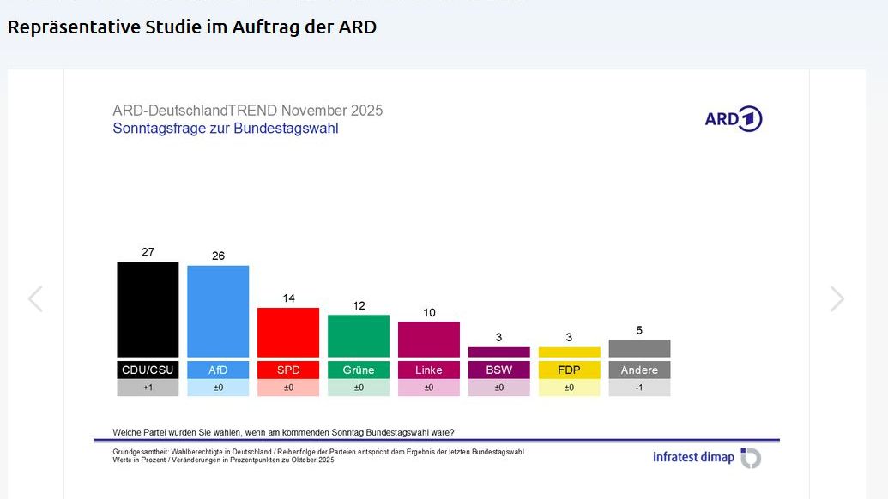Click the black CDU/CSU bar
[x=148, y=309]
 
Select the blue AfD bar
[x=218, y=310]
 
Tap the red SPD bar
[x=288, y=332]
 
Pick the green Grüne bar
[x=359, y=335]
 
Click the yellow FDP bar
[x=569, y=352]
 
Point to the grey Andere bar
[x=639, y=348]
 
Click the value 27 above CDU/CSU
[x=148, y=252]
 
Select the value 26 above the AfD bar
[x=218, y=256]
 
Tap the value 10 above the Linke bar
[x=429, y=312]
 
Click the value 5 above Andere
[x=639, y=330]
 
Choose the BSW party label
[x=498, y=370]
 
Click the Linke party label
[x=429, y=370]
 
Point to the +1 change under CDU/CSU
[x=148, y=388]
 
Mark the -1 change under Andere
[x=639, y=388]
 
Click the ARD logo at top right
[x=733, y=119]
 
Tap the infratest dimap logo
[x=706, y=457]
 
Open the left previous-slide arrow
[x=35, y=298]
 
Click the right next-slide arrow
[x=837, y=298]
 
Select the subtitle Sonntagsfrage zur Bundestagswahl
[x=226, y=129]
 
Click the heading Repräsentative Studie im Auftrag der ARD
[x=192, y=27]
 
